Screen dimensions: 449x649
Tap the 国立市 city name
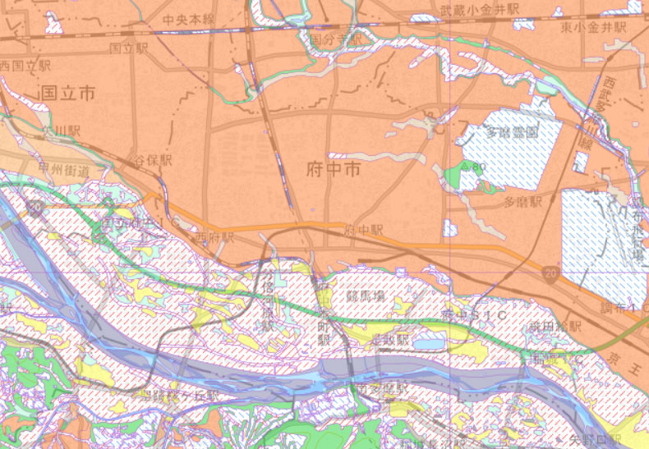67,94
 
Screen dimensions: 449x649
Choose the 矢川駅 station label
62,131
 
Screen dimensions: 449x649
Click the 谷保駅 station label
154,159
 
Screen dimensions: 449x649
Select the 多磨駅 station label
523,201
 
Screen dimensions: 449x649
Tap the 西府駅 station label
214,236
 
